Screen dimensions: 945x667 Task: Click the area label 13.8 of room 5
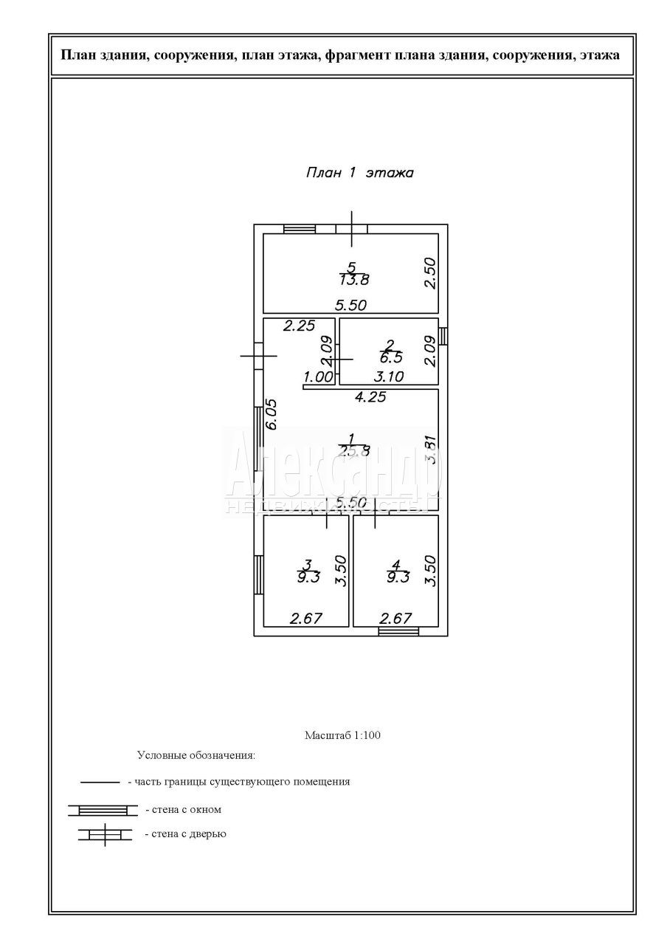click(x=354, y=280)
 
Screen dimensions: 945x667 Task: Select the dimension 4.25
click(x=370, y=396)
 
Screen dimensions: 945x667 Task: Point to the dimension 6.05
click(x=271, y=414)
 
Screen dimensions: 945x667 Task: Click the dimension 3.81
click(x=432, y=449)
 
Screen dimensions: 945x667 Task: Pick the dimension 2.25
click(x=300, y=326)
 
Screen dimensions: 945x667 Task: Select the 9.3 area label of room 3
click(x=308, y=577)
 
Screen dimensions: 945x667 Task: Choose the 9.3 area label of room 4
click(x=396, y=577)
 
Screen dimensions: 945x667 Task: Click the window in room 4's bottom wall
click(x=398, y=631)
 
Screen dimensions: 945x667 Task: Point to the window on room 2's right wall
click(x=443, y=336)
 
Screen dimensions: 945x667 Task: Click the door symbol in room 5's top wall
click(x=352, y=229)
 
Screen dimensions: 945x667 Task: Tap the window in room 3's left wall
click(x=258, y=574)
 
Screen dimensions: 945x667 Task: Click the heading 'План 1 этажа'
click(x=359, y=173)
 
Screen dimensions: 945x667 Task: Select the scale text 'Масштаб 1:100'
click(x=342, y=735)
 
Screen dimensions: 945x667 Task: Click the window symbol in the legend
click(x=103, y=810)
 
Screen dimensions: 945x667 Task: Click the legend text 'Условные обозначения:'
click(x=196, y=755)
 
